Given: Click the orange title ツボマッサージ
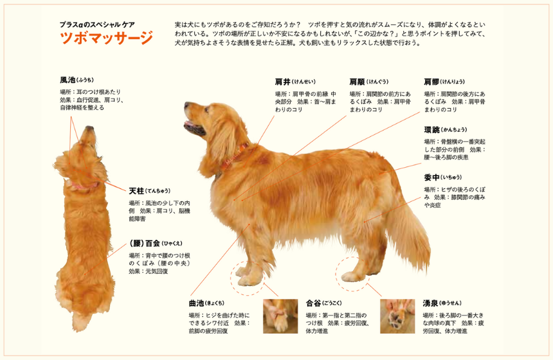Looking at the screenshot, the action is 107,38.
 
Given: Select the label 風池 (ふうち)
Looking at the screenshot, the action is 77,80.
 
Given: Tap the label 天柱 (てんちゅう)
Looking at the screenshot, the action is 150,191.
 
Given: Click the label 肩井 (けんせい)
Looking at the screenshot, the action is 296,82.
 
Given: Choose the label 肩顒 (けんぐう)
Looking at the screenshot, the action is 369,82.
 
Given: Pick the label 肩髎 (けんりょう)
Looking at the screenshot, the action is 444,82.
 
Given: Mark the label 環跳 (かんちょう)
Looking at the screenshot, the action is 446,129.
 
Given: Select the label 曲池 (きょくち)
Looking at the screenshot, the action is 206,303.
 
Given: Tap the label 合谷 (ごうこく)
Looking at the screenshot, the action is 323,303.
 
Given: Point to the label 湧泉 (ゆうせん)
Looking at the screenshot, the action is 442,303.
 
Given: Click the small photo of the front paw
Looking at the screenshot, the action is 280,316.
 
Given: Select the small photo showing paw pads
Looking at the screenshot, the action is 397,316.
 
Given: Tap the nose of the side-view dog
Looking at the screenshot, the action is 186,105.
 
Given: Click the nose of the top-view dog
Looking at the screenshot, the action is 89,128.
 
